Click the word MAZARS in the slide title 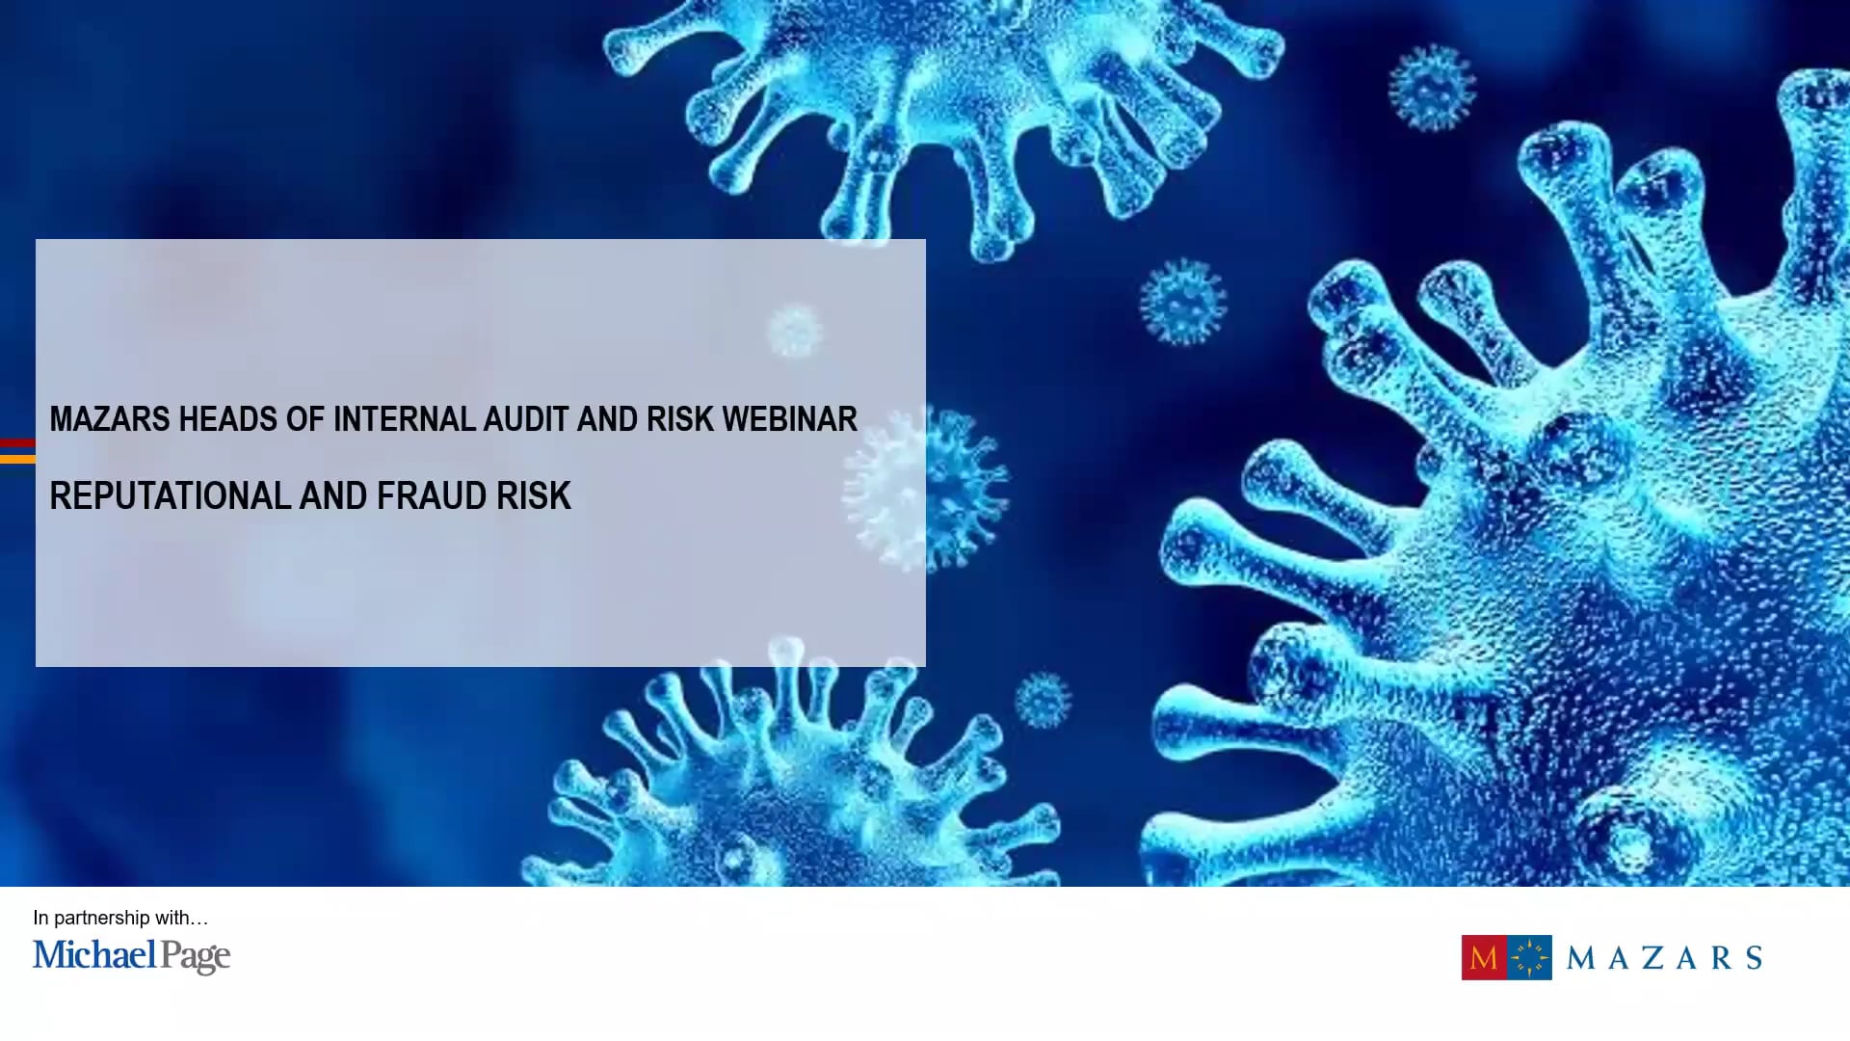click(x=110, y=419)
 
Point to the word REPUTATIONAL click(x=170, y=496)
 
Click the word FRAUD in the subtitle click(x=431, y=496)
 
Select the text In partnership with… click(x=120, y=918)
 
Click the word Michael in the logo click(x=94, y=955)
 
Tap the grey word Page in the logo click(x=196, y=957)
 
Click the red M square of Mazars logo click(x=1484, y=957)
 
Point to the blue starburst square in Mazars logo click(x=1529, y=957)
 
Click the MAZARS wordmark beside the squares click(x=1664, y=957)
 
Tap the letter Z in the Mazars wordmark click(x=1652, y=957)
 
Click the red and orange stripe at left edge click(x=17, y=451)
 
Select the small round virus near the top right click(x=1432, y=88)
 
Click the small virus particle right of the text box click(x=1183, y=302)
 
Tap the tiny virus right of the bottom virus click(x=1043, y=700)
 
